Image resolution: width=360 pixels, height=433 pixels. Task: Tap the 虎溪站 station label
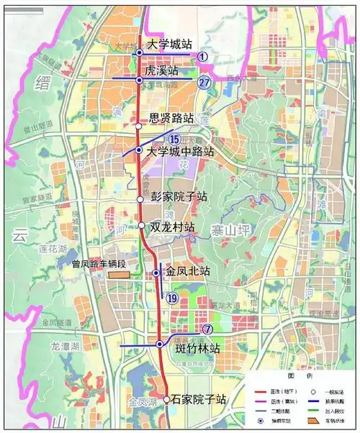pos(162,72)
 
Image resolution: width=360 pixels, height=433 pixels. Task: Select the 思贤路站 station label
pos(171,117)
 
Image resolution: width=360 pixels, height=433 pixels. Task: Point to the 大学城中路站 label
pos(180,152)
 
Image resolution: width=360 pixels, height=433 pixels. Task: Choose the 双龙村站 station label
pos(173,227)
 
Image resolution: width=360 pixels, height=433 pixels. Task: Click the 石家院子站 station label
pos(200,399)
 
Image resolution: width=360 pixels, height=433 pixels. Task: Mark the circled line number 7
pos(207,330)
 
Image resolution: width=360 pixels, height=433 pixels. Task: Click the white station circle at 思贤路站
pos(139,126)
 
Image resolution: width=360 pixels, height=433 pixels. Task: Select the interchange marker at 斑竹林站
pos(160,345)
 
